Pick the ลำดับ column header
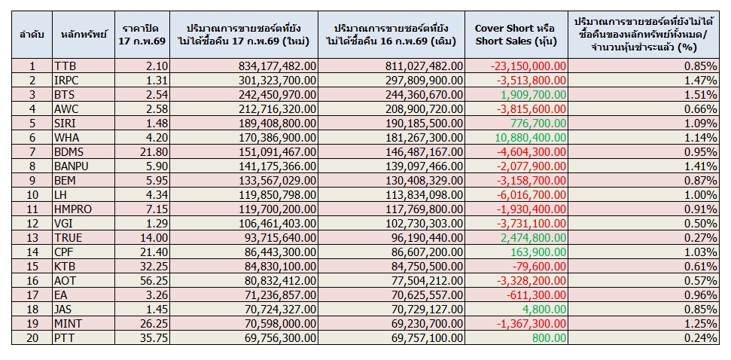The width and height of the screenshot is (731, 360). [32, 34]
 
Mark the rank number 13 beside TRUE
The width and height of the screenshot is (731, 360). [32, 237]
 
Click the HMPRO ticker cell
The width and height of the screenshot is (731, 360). [73, 209]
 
